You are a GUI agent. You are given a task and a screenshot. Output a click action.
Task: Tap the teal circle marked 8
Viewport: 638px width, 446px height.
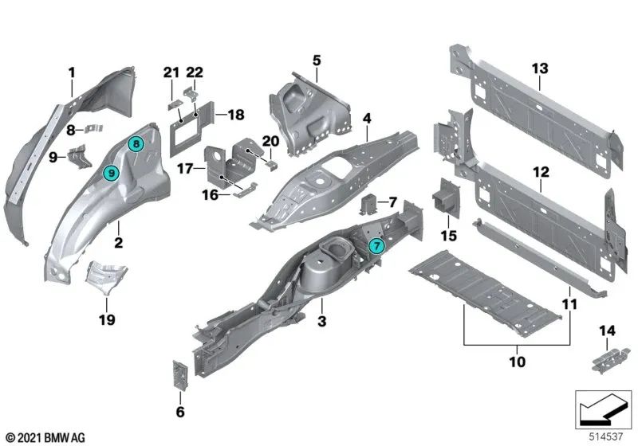(x=136, y=144)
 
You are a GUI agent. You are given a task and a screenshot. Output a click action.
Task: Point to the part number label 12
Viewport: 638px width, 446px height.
(x=542, y=172)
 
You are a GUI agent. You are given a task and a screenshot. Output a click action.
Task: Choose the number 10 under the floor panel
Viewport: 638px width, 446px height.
(x=516, y=361)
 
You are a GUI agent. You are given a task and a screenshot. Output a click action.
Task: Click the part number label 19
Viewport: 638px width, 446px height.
(x=106, y=319)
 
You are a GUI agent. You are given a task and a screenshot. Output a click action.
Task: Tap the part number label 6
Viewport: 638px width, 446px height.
(x=179, y=412)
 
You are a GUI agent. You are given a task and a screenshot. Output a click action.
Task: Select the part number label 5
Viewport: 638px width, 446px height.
(x=316, y=60)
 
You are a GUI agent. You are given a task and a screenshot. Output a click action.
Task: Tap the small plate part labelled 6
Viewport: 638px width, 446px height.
(x=179, y=375)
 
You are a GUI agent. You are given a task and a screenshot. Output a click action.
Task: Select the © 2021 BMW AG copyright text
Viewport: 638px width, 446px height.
(x=45, y=437)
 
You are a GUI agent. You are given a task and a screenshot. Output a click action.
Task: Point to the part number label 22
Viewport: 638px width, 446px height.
(x=195, y=72)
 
